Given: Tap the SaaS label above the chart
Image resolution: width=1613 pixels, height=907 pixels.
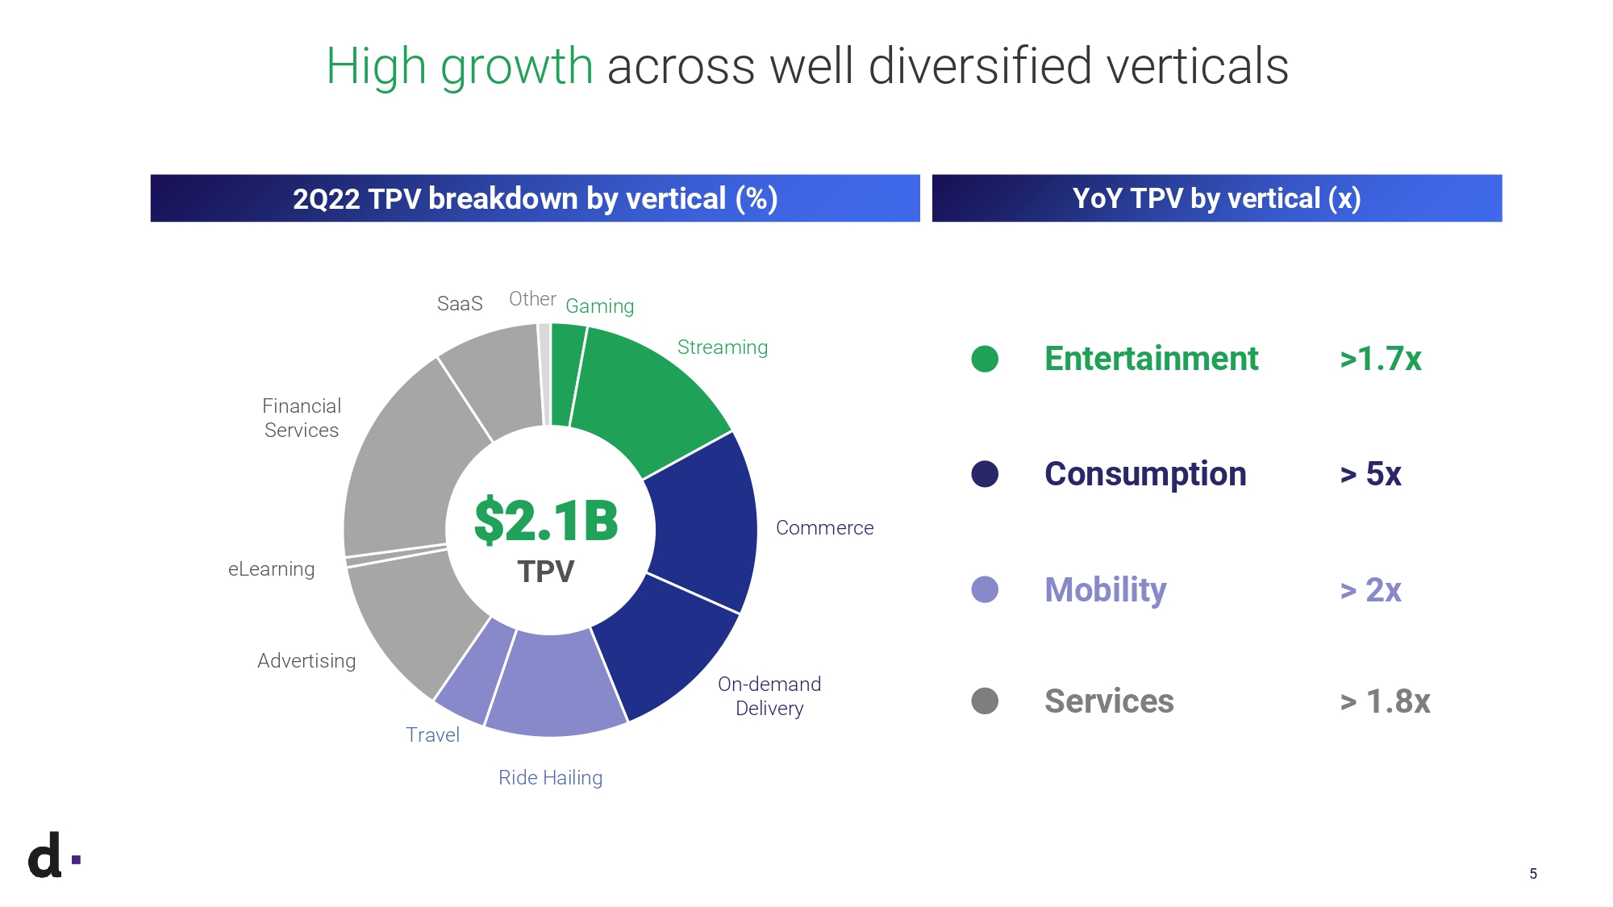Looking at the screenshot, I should point(460,304).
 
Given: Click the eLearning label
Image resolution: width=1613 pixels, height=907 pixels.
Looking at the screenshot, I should point(271,569).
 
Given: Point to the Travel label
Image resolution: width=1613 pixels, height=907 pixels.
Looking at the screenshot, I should point(432,735).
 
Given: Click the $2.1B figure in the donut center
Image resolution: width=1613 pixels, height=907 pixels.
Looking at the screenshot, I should point(546,521).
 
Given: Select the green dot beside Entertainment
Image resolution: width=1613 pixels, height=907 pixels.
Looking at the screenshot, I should point(985,359).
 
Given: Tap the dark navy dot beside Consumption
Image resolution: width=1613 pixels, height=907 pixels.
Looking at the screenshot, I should point(985,474).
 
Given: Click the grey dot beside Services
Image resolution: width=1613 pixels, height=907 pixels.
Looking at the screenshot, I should point(985,701).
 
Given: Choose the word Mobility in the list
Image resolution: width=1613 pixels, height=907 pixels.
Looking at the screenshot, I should point(1105,590).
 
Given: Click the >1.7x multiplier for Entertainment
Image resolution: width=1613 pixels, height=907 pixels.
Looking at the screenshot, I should point(1380,359).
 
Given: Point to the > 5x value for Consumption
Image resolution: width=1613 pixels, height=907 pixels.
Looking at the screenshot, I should point(1370,474).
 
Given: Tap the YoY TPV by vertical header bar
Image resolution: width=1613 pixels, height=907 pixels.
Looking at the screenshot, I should point(1216,198).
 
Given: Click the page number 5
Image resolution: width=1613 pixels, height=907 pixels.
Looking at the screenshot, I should point(1533,874).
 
